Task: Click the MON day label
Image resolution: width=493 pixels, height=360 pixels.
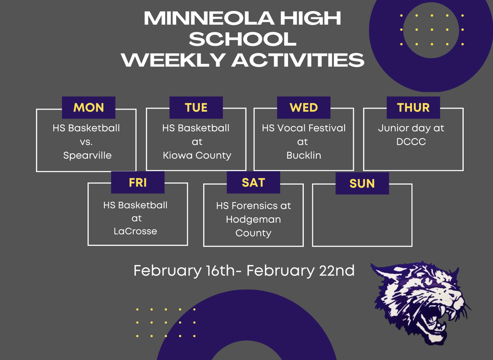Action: click(89, 107)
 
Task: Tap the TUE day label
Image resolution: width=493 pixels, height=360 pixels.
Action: click(196, 107)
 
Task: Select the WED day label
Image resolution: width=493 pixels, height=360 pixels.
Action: click(303, 107)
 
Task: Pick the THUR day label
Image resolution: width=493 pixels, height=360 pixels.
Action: click(413, 107)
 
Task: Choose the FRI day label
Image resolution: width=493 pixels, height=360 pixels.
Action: click(138, 183)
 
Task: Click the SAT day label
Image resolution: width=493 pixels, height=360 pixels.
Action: click(253, 183)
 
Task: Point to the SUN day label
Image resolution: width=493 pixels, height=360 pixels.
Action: click(362, 184)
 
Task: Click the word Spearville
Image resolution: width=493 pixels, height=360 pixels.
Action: click(87, 156)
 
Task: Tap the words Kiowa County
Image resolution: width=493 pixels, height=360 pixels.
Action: click(197, 156)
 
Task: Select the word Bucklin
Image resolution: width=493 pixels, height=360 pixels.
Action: click(303, 156)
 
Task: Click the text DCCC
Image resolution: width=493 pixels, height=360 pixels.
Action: click(412, 142)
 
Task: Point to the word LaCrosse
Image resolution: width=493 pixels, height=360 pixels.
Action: click(135, 231)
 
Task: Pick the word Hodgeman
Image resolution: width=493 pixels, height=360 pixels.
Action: click(253, 219)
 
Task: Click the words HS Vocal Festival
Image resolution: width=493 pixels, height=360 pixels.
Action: click(303, 128)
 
